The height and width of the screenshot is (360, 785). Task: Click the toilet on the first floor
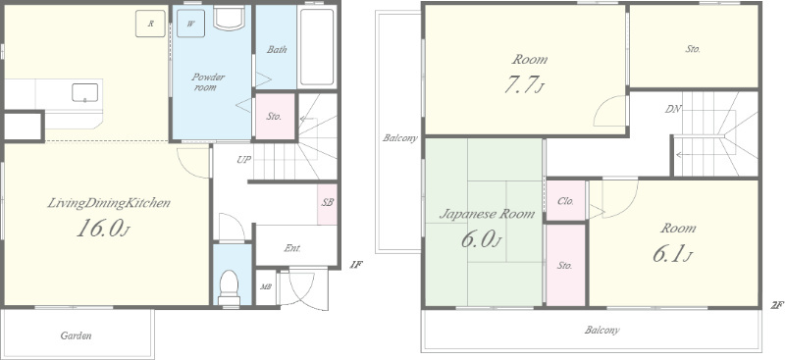coord(230,287)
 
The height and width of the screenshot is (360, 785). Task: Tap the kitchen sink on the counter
coord(84,92)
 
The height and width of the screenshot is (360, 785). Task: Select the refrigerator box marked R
coord(150,24)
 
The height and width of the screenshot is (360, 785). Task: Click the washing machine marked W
coord(190,24)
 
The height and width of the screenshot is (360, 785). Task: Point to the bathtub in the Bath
coord(317,47)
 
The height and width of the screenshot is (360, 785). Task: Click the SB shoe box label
coord(328,203)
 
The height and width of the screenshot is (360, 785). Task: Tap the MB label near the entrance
coord(265,286)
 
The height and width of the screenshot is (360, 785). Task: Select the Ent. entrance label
coord(292,248)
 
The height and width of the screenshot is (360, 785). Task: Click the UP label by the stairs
coord(243,160)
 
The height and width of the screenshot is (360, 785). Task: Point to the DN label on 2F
coord(673,109)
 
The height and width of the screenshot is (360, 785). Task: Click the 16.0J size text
coord(104,229)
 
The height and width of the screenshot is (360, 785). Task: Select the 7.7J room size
coord(524,84)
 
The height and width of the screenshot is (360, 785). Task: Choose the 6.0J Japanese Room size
coord(481,239)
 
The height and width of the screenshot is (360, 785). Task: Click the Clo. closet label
coord(566,201)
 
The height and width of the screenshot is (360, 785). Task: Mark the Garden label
coord(77,335)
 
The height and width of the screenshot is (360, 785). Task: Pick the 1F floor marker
coord(355,266)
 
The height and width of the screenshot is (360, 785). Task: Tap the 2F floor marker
coord(776,305)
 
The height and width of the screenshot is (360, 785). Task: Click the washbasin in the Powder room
coord(229,19)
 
